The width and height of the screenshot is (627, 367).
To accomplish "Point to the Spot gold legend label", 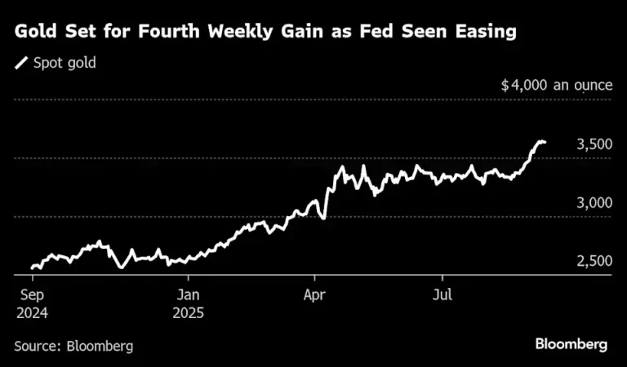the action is pyautogui.click(x=64, y=63).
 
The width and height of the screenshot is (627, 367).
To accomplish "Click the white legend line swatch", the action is pyautogui.click(x=21, y=63).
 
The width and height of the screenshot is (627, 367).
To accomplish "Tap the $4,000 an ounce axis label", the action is pyautogui.click(x=557, y=85).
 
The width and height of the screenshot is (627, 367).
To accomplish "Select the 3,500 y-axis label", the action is pyautogui.click(x=594, y=144).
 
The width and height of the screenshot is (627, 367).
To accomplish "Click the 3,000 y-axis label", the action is pyautogui.click(x=594, y=203).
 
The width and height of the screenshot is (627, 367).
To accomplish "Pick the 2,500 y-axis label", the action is pyautogui.click(x=594, y=261).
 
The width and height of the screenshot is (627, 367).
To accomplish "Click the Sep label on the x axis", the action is pyautogui.click(x=32, y=295).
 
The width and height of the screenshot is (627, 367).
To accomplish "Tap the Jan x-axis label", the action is pyautogui.click(x=188, y=295).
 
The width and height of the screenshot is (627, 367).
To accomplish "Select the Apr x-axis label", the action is pyautogui.click(x=314, y=295).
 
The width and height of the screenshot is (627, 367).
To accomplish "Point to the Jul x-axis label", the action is pyautogui.click(x=442, y=295).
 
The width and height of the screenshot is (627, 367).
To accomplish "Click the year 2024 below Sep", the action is pyautogui.click(x=32, y=312).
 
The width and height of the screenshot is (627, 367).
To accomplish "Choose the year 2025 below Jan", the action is pyautogui.click(x=188, y=312).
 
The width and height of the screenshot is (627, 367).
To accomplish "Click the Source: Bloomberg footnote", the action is pyautogui.click(x=73, y=346).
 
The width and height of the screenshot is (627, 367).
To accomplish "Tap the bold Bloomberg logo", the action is pyautogui.click(x=571, y=344).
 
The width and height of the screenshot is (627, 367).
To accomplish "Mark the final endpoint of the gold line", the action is pyautogui.click(x=545, y=142).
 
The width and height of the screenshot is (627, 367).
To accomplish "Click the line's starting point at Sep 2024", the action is pyautogui.click(x=33, y=268).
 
